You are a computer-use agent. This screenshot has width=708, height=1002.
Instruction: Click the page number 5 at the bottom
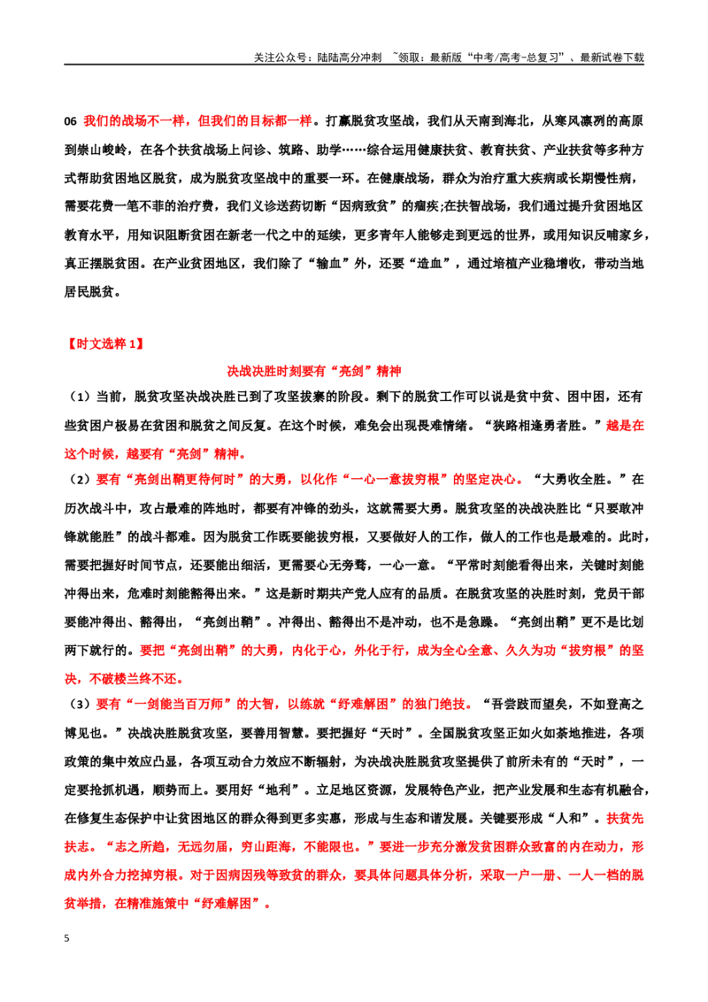66,938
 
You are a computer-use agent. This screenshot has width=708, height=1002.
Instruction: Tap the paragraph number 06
70,121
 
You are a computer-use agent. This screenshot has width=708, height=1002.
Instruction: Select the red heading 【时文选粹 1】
104,343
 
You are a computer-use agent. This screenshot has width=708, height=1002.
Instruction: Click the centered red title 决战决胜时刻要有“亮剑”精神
314,371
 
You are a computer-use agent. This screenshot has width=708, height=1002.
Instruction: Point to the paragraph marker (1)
80,397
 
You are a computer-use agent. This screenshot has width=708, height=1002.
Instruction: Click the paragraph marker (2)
80,479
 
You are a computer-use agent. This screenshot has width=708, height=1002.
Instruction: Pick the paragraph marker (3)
80,705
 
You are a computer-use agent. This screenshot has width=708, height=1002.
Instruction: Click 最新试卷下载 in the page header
612,58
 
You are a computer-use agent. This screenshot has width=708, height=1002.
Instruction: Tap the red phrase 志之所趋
140,847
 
